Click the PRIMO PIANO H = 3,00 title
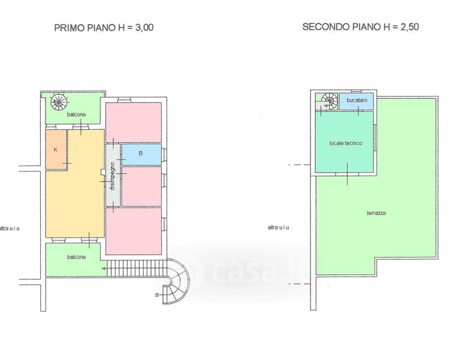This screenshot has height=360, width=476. coord(104,28)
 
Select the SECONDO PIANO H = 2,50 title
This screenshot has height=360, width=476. coord(361,27)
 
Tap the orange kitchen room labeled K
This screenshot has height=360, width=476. coord(56,149)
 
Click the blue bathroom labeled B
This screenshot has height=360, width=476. coord(141,154)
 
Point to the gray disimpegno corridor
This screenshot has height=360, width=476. coord(113,176)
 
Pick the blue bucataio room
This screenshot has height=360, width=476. coord(356,101)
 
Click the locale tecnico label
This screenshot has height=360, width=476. coord(346,143)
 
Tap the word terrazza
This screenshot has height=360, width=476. coord(376,213)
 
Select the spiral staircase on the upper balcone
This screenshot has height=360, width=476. coord(59,102)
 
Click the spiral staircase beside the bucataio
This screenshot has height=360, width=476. coord(329,101)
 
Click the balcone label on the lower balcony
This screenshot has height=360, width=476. coord(76,257)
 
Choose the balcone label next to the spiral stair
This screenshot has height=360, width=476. coord(76,115)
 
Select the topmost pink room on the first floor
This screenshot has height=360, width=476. coord(134,122)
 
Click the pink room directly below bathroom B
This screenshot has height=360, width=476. coord(141,186)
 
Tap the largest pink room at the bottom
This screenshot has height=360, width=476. coord(134,231)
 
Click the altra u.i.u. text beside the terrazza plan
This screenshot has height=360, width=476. coord(279,227)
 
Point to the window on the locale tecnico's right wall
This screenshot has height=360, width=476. coord(375,137)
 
